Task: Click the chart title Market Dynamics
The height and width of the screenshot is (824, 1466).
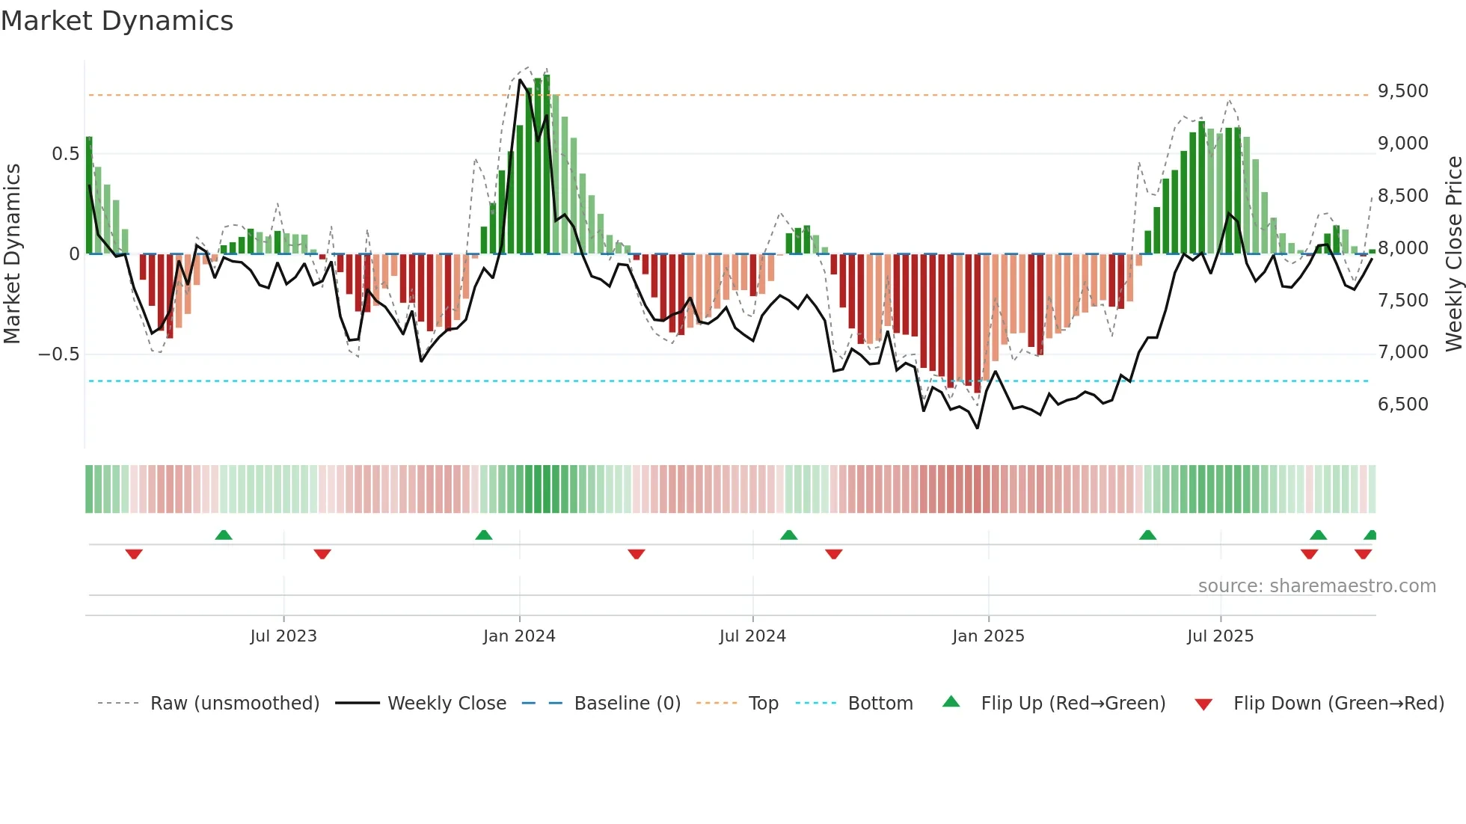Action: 117,21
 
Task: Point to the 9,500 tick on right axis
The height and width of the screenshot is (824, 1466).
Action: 1402,91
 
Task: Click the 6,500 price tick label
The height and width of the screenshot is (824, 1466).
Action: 1402,405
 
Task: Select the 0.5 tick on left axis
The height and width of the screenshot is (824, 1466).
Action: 65,154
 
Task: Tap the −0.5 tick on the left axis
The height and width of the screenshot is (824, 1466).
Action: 59,354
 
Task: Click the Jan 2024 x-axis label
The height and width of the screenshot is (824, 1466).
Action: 519,636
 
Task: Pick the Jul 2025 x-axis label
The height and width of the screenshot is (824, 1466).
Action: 1220,636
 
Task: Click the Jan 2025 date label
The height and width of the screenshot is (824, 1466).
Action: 988,636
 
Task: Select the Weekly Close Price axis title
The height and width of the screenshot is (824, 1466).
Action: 1453,253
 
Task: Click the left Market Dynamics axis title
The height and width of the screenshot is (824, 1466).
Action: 12,253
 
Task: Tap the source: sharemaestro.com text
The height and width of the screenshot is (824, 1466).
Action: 1316,586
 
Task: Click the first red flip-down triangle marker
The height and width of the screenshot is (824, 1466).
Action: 134,554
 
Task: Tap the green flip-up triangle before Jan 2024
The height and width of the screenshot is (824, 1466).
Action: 484,535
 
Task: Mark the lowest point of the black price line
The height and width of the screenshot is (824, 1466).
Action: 978,428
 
